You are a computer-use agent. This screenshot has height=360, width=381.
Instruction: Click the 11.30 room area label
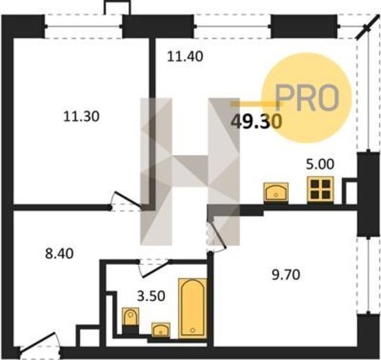81,116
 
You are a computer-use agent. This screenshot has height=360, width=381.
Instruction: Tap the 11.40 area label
185,57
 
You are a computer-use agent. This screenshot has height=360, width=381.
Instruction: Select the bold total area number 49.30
256,121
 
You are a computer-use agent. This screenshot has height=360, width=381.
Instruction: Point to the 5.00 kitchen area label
320,164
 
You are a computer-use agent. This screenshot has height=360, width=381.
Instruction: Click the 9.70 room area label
286,275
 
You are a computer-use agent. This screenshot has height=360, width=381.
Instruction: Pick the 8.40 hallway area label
59,253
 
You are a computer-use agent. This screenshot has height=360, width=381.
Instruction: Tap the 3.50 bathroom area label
151,296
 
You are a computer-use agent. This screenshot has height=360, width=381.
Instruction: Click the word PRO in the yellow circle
307,96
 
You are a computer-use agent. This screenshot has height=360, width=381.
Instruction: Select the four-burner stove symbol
321,189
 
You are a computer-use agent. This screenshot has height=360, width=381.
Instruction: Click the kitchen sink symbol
277,192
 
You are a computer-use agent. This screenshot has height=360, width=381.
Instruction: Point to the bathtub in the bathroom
192,308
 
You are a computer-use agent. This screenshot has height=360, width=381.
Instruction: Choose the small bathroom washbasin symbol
161,330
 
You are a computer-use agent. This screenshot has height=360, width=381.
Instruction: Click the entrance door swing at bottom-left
39,345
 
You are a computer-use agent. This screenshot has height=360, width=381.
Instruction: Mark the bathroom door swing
154,269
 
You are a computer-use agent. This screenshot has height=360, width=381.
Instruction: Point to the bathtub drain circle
193,330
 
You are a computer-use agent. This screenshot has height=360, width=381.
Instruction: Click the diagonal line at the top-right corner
367,26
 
